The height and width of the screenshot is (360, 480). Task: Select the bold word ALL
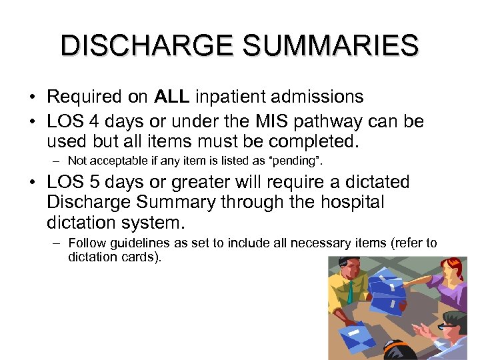(x=172, y=97)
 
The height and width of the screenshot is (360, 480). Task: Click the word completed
(x=313, y=141)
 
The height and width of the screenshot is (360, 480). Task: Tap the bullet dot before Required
(x=32, y=97)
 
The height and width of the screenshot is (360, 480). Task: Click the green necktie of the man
(x=349, y=292)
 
